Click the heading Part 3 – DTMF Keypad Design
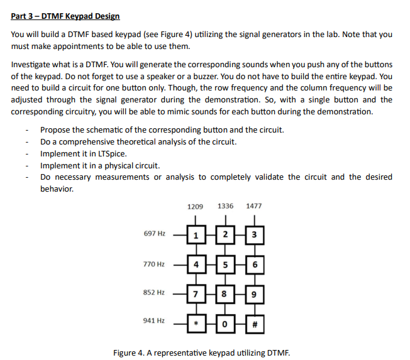(x=65, y=16)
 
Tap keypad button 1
(x=196, y=236)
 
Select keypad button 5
(x=224, y=265)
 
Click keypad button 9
(x=253, y=293)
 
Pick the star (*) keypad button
(x=196, y=323)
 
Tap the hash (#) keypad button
(x=253, y=323)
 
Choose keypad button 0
(x=224, y=323)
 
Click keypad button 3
(x=253, y=236)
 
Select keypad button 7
(x=196, y=293)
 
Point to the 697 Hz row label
(x=154, y=233)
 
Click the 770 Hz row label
(x=154, y=264)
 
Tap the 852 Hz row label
(x=154, y=292)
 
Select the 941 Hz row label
(x=154, y=320)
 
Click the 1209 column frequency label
(x=196, y=206)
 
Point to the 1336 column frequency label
(x=225, y=206)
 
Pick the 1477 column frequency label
(x=254, y=206)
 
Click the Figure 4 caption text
(x=201, y=352)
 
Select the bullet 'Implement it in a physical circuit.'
(x=100, y=165)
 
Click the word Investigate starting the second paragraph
(x=31, y=65)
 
